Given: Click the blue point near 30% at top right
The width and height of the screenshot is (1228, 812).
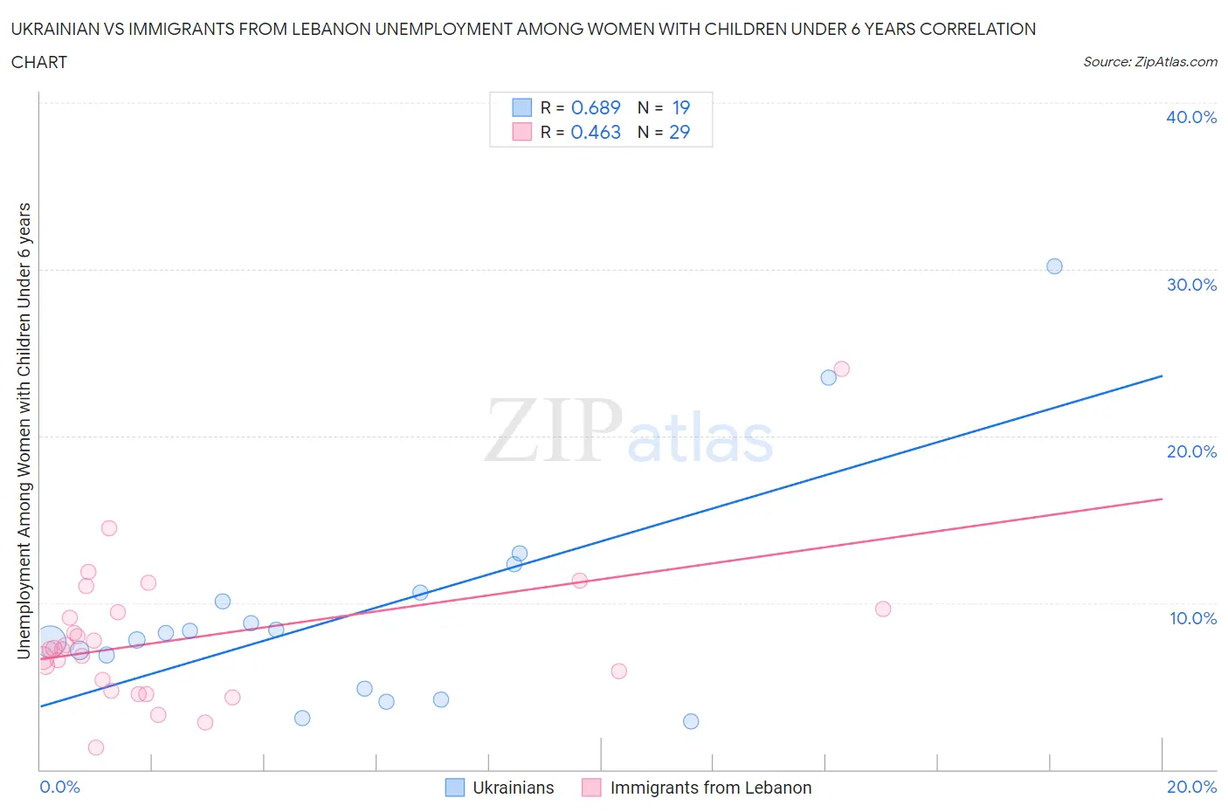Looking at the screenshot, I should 1054,266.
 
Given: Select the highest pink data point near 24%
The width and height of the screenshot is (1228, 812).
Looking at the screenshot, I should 842,368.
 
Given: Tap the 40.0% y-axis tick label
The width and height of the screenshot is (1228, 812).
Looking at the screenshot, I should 1191,117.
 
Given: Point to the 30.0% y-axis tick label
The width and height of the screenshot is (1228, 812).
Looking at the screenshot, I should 1191,285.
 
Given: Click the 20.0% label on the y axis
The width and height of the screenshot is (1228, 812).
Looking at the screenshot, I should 1191,451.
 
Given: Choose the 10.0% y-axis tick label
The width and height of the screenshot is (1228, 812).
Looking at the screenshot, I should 1192,618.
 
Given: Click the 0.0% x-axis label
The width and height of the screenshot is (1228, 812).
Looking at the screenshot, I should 59,787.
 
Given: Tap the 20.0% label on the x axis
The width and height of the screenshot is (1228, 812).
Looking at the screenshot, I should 1191,787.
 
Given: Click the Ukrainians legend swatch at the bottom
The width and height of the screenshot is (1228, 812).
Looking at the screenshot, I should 455,788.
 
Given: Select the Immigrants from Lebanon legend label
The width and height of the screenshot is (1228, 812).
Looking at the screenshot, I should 710,788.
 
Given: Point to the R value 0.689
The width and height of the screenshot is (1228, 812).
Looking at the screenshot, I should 596,107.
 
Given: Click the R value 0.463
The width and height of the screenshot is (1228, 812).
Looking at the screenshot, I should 596,132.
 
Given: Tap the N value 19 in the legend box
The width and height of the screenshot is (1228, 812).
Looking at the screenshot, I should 680,107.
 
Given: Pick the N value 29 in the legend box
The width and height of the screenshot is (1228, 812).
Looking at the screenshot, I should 680,132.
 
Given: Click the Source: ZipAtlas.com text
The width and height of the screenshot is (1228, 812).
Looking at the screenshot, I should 1149,61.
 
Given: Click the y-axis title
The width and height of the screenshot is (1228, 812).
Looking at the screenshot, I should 24,430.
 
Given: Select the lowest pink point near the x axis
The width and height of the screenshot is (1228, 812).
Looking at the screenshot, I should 96,747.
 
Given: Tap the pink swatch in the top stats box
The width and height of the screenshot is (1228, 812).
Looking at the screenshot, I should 521,132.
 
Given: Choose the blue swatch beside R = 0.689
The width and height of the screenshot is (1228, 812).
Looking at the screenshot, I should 521,107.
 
